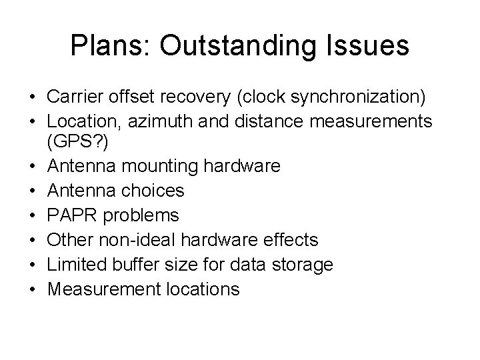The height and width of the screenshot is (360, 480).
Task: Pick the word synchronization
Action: pos(357,97)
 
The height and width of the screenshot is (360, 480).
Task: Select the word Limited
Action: pos(71,264)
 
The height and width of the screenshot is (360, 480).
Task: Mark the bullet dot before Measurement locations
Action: pos(33,290)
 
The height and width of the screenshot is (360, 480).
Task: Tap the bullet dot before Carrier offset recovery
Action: pos(33,98)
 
